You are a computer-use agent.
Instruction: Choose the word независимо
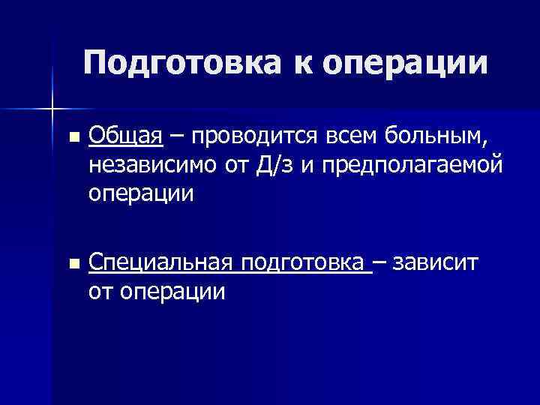153,165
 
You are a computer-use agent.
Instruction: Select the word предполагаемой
409,166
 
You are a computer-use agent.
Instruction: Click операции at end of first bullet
140,193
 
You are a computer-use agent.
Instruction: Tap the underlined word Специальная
161,263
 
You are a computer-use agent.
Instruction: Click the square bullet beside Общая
72,138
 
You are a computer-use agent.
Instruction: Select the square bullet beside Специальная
72,265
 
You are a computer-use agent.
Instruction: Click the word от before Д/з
237,165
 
